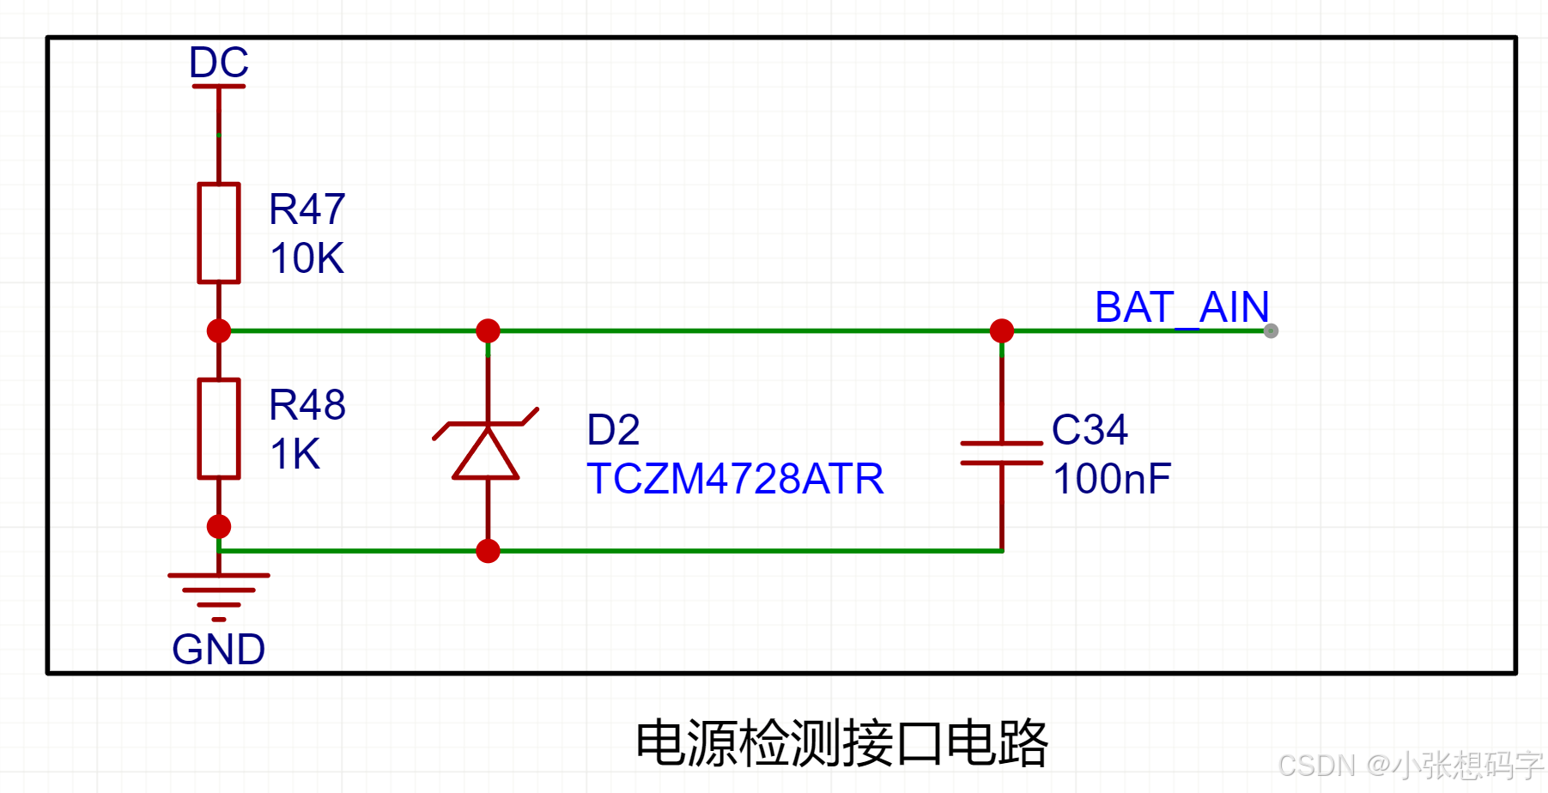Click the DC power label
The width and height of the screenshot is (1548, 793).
pyautogui.click(x=219, y=63)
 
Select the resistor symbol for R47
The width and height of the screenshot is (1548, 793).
pyautogui.click(x=219, y=233)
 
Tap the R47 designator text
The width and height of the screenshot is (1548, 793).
pyautogui.click(x=307, y=209)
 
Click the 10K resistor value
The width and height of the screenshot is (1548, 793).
pyautogui.click(x=307, y=258)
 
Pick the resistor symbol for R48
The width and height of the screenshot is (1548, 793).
pyautogui.click(x=219, y=428)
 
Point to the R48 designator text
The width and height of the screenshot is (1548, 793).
pyautogui.click(x=307, y=405)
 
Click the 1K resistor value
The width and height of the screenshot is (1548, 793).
pyautogui.click(x=294, y=454)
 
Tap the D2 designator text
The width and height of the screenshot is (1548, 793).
pyautogui.click(x=613, y=430)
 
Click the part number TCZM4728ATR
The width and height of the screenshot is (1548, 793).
pyautogui.click(x=735, y=479)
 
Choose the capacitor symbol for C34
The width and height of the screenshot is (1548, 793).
pyautogui.click(x=1001, y=453)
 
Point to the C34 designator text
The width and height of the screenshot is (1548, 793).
pyautogui.click(x=1089, y=430)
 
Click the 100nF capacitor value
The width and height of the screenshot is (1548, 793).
pyautogui.click(x=1111, y=479)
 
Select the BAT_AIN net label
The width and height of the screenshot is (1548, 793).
pyautogui.click(x=1181, y=307)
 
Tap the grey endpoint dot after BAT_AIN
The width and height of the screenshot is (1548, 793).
pyautogui.click(x=1271, y=331)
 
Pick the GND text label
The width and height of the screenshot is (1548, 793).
pyautogui.click(x=218, y=650)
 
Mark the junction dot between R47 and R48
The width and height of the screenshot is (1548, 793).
pyautogui.click(x=219, y=330)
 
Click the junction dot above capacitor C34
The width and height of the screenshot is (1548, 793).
pyautogui.click(x=1001, y=330)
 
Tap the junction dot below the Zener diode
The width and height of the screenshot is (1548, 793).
pyautogui.click(x=488, y=551)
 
